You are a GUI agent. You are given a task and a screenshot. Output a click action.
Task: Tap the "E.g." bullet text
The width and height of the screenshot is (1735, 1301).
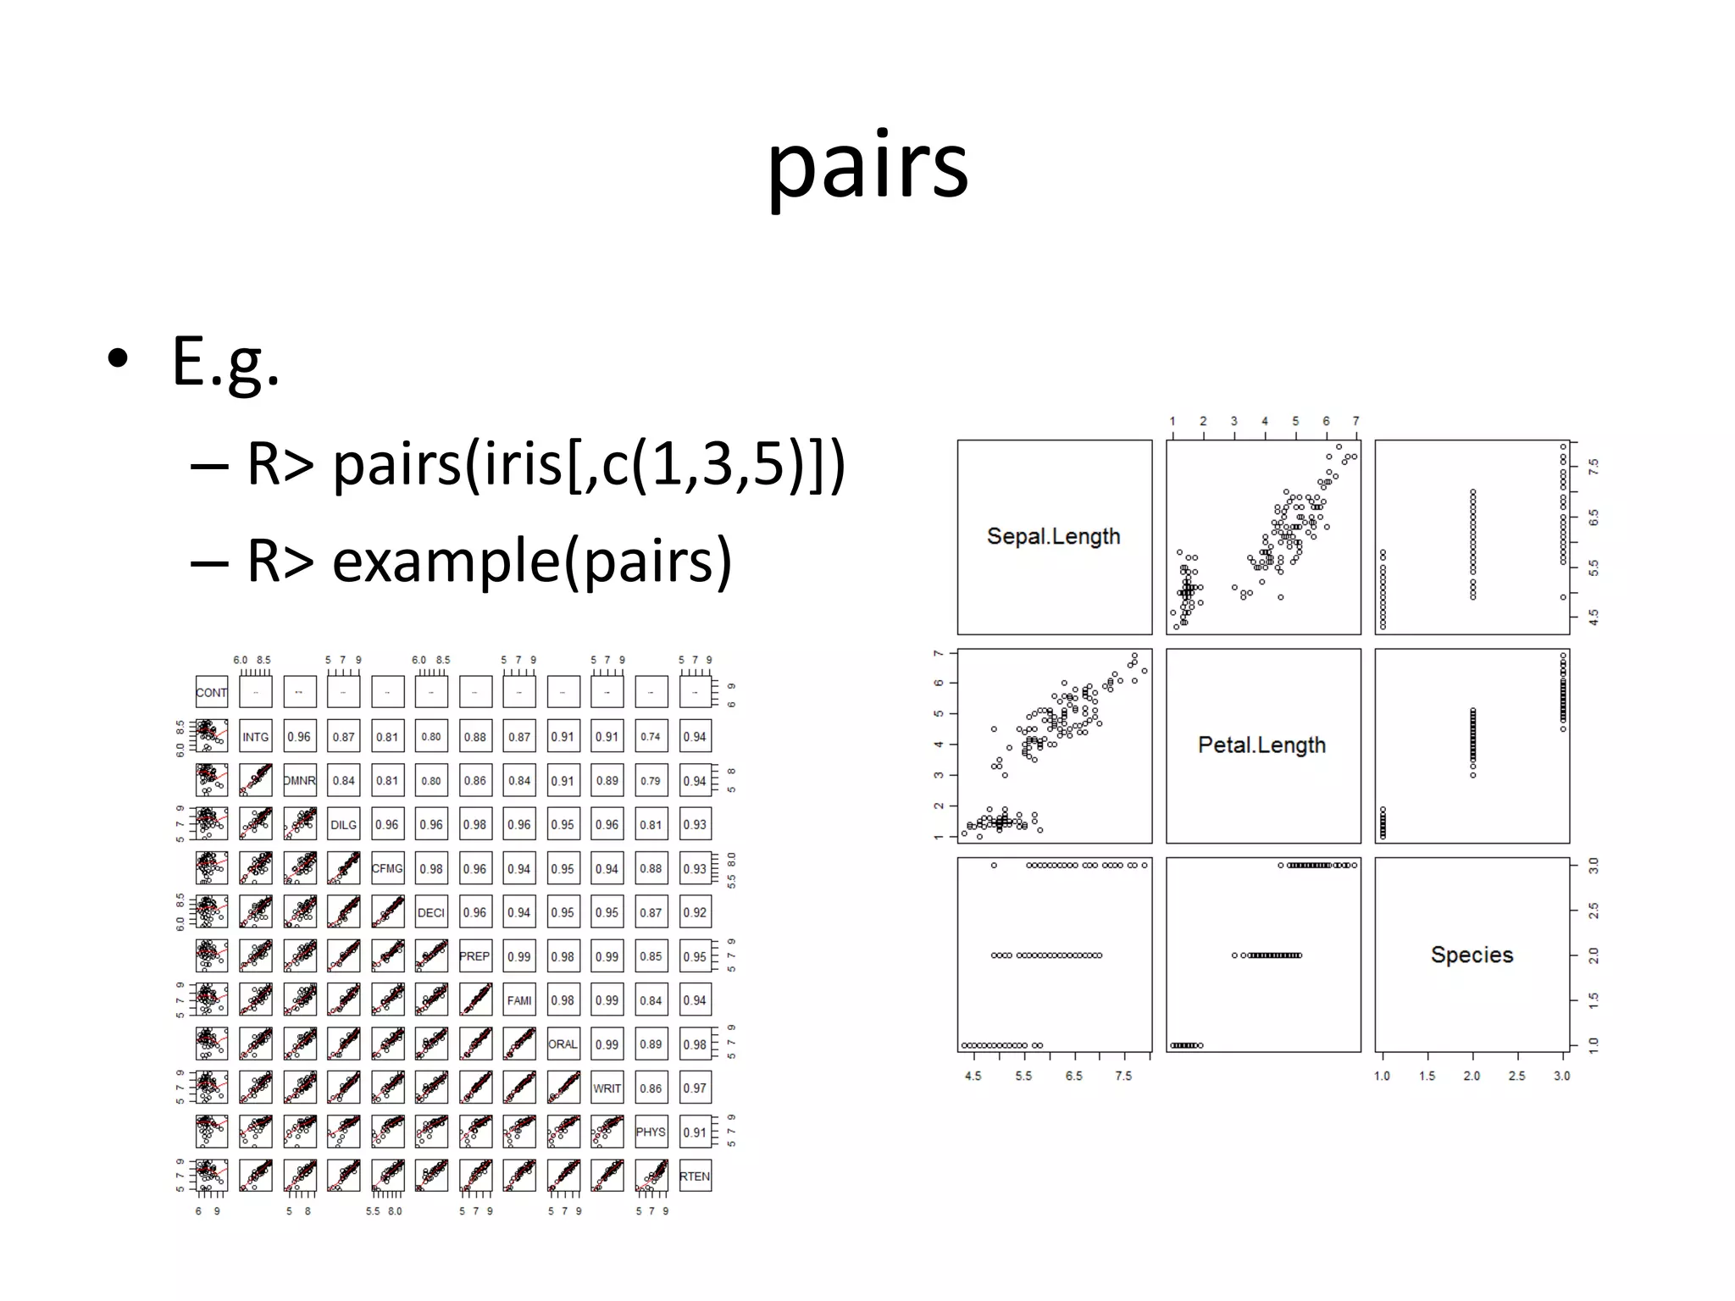pos(225,363)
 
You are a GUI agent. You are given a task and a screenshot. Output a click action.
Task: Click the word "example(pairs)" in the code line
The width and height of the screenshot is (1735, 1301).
pos(531,561)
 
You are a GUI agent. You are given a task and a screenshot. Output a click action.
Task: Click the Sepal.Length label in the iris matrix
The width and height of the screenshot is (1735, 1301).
pos(1053,536)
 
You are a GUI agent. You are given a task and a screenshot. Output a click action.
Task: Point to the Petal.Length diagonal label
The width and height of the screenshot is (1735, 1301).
pos(1261,745)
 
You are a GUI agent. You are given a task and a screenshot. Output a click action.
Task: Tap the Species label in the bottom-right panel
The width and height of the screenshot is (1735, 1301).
pos(1472,955)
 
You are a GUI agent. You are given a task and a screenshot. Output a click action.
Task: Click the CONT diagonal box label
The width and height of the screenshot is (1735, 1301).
pos(211,693)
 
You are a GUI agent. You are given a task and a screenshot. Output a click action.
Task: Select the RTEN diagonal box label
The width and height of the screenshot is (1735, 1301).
pos(695,1176)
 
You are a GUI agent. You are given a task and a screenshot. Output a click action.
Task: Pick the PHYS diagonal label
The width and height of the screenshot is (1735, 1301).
pos(651,1132)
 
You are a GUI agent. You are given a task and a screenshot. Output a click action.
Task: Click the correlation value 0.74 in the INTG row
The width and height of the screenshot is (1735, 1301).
pos(651,737)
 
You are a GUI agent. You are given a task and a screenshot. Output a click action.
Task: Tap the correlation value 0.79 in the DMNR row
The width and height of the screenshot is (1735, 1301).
pos(651,781)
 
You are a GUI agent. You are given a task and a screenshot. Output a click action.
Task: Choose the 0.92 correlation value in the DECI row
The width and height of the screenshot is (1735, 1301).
pos(695,912)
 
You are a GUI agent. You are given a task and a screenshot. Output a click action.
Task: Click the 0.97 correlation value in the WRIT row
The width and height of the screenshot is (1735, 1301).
pos(695,1088)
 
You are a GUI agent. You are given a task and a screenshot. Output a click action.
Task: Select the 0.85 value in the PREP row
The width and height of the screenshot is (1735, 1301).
pos(651,956)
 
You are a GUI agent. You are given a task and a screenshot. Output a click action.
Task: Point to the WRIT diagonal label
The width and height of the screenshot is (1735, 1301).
pos(607,1088)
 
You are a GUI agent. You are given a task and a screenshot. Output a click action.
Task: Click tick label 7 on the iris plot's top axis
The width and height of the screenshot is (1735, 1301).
pos(1355,421)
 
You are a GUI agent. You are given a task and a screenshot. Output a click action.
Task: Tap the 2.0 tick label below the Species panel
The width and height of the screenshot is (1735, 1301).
pos(1472,1076)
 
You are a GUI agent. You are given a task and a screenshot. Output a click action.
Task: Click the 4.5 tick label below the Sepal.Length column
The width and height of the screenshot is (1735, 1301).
pos(973,1076)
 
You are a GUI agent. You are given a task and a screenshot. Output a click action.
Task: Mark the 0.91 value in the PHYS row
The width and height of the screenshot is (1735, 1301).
pos(695,1132)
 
